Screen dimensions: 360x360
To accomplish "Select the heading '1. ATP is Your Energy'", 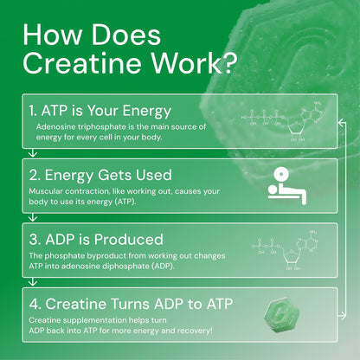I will point(102,110).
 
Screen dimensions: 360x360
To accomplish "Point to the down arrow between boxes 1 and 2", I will point(31,154).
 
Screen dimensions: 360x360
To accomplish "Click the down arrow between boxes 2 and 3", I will point(31,218).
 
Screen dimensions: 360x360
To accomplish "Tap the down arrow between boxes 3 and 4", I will point(31,284).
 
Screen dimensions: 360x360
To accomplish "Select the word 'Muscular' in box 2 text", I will point(47,190).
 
